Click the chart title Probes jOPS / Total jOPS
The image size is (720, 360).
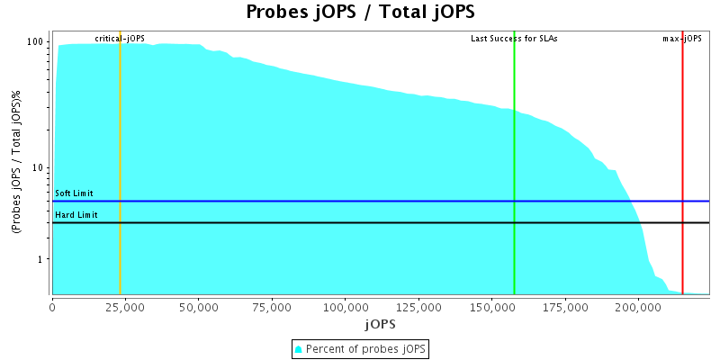(x=360, y=13)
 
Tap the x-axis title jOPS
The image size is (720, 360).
(x=380, y=323)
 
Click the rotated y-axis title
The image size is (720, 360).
(x=17, y=167)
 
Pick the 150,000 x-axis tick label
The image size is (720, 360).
(x=492, y=306)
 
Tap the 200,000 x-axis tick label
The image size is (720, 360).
(x=639, y=306)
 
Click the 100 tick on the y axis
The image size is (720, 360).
(x=36, y=42)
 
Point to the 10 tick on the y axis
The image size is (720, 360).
(x=39, y=168)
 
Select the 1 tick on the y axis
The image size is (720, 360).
(x=41, y=259)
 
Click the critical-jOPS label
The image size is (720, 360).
(x=120, y=39)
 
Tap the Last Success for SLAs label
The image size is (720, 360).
(x=514, y=39)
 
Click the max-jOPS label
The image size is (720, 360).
(x=682, y=39)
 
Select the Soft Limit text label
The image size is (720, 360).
(x=74, y=193)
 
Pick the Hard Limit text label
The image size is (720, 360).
(x=76, y=215)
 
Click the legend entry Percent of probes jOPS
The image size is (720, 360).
(x=360, y=348)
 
